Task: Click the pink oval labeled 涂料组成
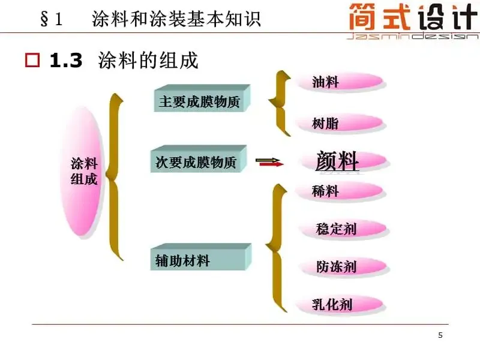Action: click(83, 171)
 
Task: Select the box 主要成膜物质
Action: click(200, 100)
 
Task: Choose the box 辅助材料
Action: click(199, 259)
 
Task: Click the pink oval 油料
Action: click(339, 82)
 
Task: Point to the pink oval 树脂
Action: click(339, 123)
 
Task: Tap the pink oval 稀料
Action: click(339, 191)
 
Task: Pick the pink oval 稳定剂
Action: click(341, 228)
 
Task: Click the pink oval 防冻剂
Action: click(341, 266)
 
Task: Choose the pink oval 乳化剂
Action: click(339, 304)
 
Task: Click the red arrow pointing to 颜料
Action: click(268, 161)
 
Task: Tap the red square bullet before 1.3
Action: click(32, 61)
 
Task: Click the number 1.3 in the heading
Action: click(66, 61)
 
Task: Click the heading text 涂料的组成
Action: click(148, 61)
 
